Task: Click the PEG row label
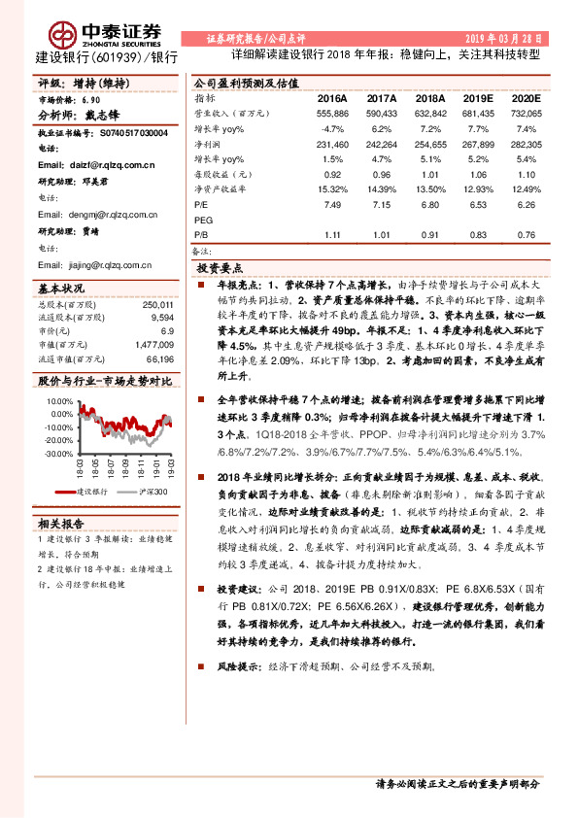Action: tap(204, 220)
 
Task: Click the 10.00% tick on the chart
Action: tap(58, 399)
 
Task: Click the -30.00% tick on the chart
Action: tap(58, 453)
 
